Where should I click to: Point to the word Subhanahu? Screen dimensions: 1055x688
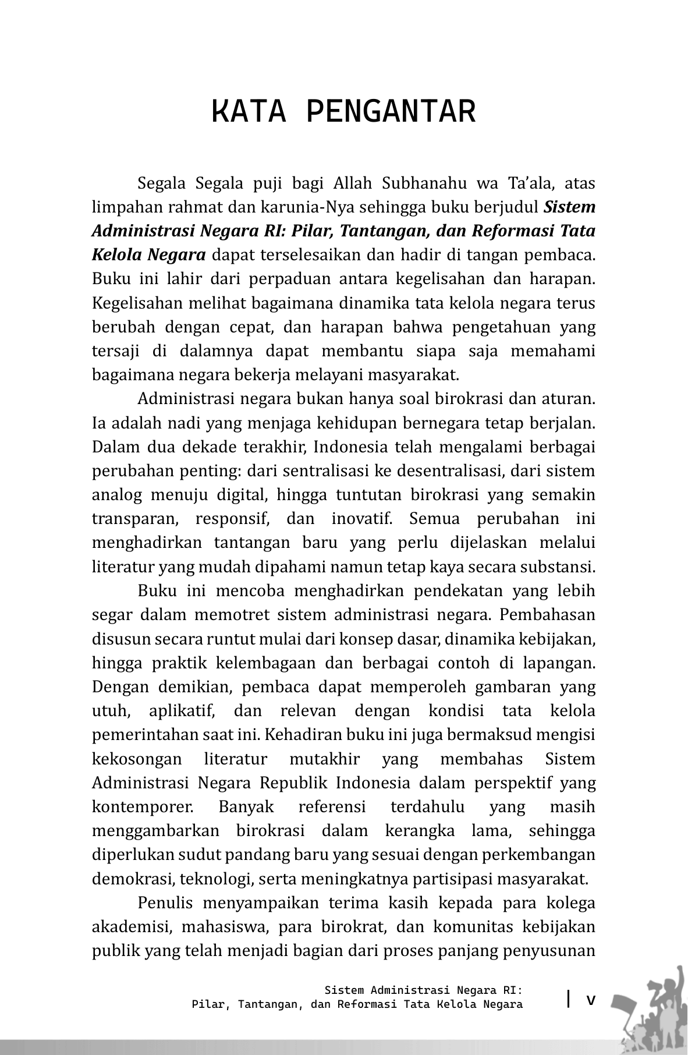424,183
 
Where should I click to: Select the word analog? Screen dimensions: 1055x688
116,495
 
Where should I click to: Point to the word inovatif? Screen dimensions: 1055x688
357,519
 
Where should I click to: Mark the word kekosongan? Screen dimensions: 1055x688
137,759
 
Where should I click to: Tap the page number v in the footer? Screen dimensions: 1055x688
591,1000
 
